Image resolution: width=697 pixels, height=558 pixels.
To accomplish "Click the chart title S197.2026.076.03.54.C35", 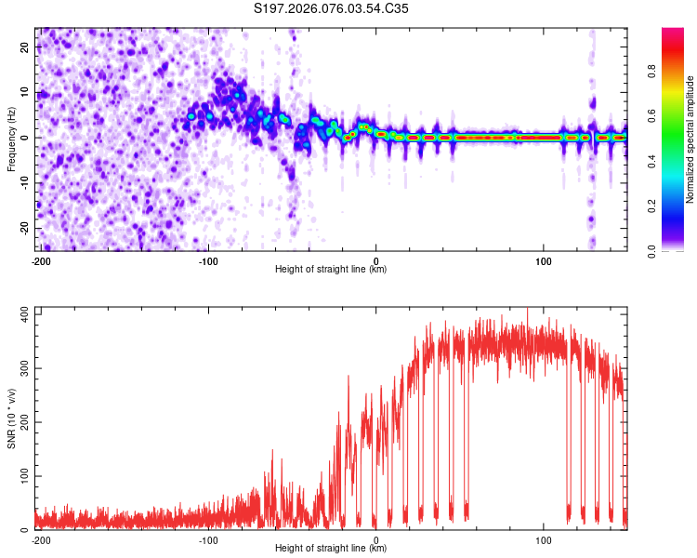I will (x=332, y=9).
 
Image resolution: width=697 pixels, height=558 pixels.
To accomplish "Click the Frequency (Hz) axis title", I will (x=11, y=138).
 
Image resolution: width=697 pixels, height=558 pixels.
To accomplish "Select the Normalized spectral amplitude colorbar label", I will (x=690, y=139).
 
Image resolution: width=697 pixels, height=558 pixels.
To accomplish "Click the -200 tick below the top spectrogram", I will (x=40, y=259).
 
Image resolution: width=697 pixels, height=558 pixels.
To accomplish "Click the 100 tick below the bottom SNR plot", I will (x=545, y=538).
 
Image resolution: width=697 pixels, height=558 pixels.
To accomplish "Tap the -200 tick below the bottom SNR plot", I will (x=40, y=538).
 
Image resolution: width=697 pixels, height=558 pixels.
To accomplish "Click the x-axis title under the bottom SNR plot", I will (x=331, y=549).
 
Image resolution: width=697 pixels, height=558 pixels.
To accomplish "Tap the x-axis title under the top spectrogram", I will (x=331, y=270).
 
